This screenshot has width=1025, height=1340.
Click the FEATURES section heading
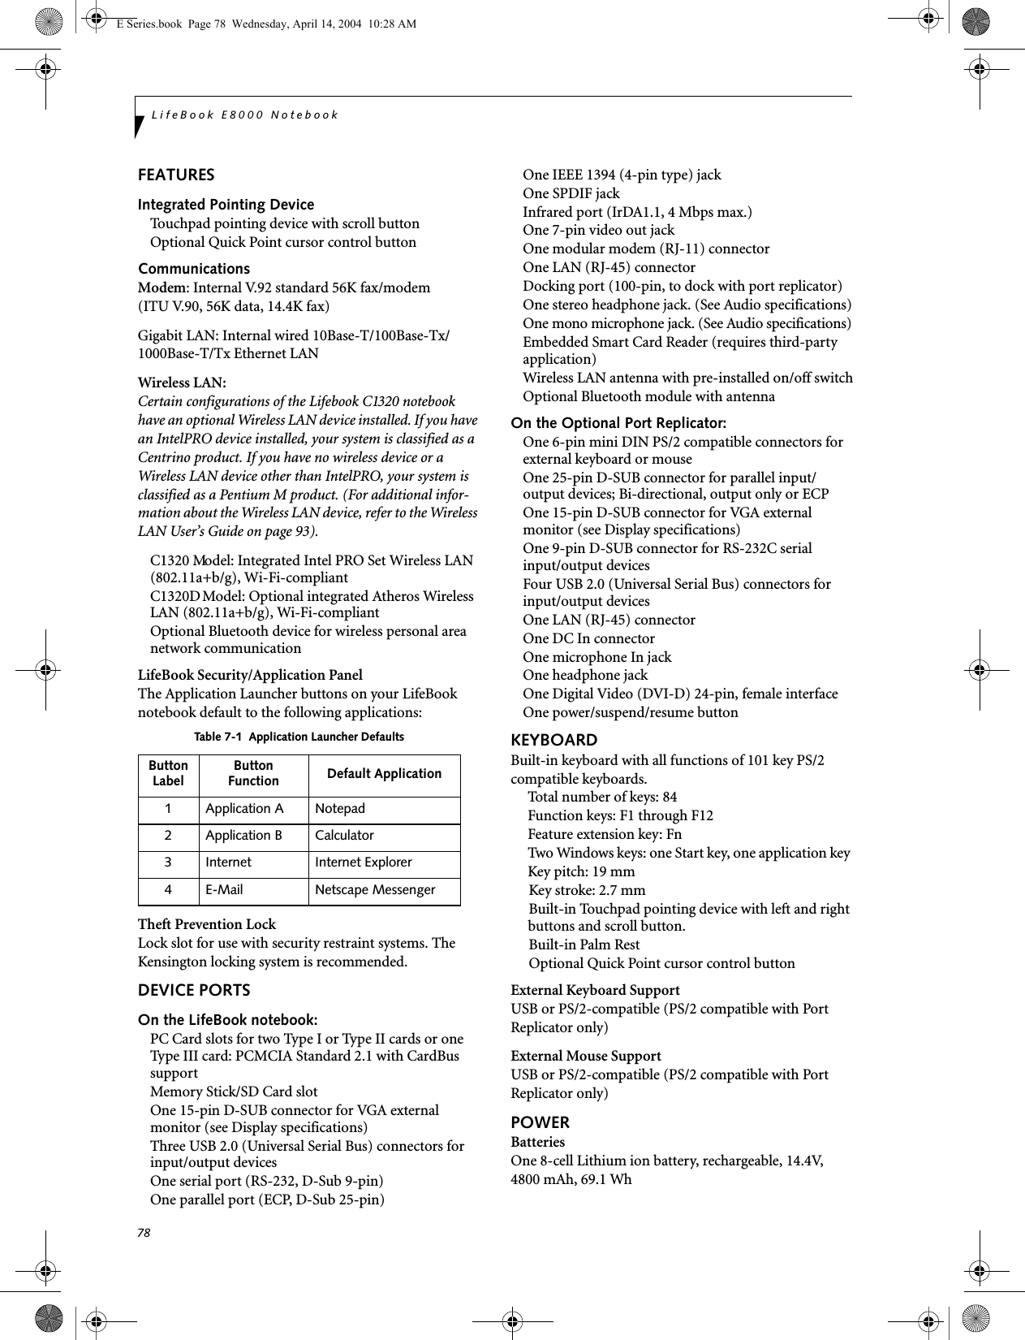pyautogui.click(x=176, y=175)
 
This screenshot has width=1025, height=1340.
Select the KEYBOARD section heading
pyautogui.click(x=553, y=741)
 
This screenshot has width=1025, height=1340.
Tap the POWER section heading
pyautogui.click(x=540, y=1123)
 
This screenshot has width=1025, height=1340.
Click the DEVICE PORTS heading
pyautogui.click(x=194, y=991)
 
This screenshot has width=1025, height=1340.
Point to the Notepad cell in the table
pyautogui.click(x=340, y=809)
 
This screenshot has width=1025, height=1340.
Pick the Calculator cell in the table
pyautogui.click(x=344, y=836)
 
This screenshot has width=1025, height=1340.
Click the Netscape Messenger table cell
pyautogui.click(x=375, y=890)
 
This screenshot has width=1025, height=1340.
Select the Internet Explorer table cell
pyautogui.click(x=363, y=862)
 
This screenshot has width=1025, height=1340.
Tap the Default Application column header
pyautogui.click(x=384, y=774)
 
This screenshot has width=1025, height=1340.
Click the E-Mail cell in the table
pyautogui.click(x=224, y=890)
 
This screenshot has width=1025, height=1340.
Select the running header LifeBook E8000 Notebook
pyautogui.click(x=244, y=115)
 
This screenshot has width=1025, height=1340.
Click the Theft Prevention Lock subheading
pyautogui.click(x=207, y=925)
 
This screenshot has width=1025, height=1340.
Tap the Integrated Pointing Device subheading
pyautogui.click(x=226, y=205)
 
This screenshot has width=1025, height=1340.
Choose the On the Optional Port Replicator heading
pyautogui.click(x=618, y=424)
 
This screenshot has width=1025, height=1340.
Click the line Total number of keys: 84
pyautogui.click(x=602, y=798)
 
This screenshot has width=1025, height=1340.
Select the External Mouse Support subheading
pyautogui.click(x=585, y=1057)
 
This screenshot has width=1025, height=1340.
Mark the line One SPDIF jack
pyautogui.click(x=571, y=194)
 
